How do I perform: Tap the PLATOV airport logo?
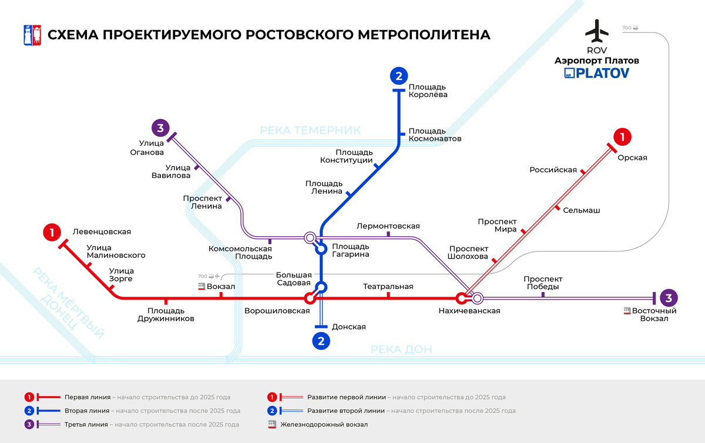point(596,73)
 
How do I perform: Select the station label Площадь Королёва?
point(428,90)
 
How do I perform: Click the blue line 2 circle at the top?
point(399,76)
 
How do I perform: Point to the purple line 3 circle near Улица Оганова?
point(160,127)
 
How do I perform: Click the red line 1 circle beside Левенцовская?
point(52,233)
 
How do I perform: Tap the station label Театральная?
point(388,287)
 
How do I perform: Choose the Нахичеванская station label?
point(469,311)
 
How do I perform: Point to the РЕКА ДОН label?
point(401,350)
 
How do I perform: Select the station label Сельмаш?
point(581,210)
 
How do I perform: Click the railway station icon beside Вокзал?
point(202,287)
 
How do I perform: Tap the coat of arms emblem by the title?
point(31,35)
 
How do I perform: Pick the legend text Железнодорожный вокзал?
point(324,424)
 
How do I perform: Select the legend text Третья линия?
point(86,424)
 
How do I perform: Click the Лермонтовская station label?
point(388,226)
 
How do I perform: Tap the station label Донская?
point(349,327)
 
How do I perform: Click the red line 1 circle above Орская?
point(622,137)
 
